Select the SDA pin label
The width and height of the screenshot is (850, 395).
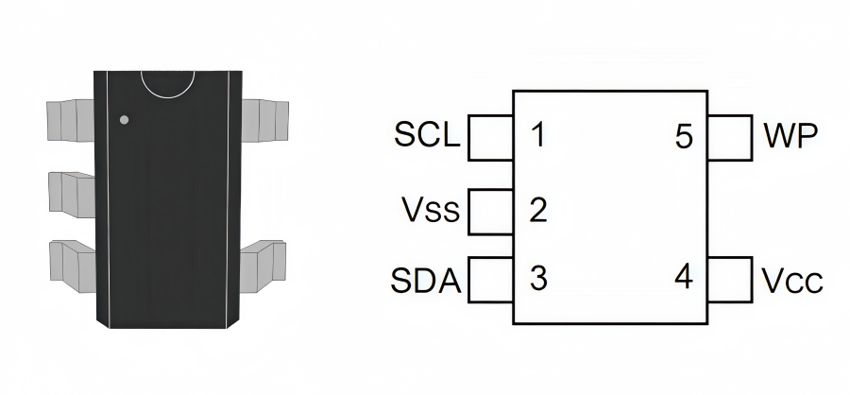(x=426, y=281)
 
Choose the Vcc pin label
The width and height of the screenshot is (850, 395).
(x=791, y=281)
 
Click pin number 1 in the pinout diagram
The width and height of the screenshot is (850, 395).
(x=537, y=135)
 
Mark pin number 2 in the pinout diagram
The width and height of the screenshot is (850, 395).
(x=538, y=209)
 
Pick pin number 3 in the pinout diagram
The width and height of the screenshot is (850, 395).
(x=538, y=279)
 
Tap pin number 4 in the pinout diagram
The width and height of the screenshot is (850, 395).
(x=684, y=278)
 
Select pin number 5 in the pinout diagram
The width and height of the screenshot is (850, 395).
(x=684, y=137)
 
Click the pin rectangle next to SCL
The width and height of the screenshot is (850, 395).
(x=490, y=137)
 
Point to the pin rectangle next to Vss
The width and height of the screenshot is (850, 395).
(x=490, y=209)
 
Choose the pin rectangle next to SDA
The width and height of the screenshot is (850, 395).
(x=490, y=280)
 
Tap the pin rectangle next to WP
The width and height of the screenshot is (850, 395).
(x=729, y=137)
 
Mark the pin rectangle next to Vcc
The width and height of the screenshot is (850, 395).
(x=729, y=280)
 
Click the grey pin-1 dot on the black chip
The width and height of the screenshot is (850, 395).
(x=124, y=120)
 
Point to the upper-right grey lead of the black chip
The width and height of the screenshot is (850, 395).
(x=264, y=118)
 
